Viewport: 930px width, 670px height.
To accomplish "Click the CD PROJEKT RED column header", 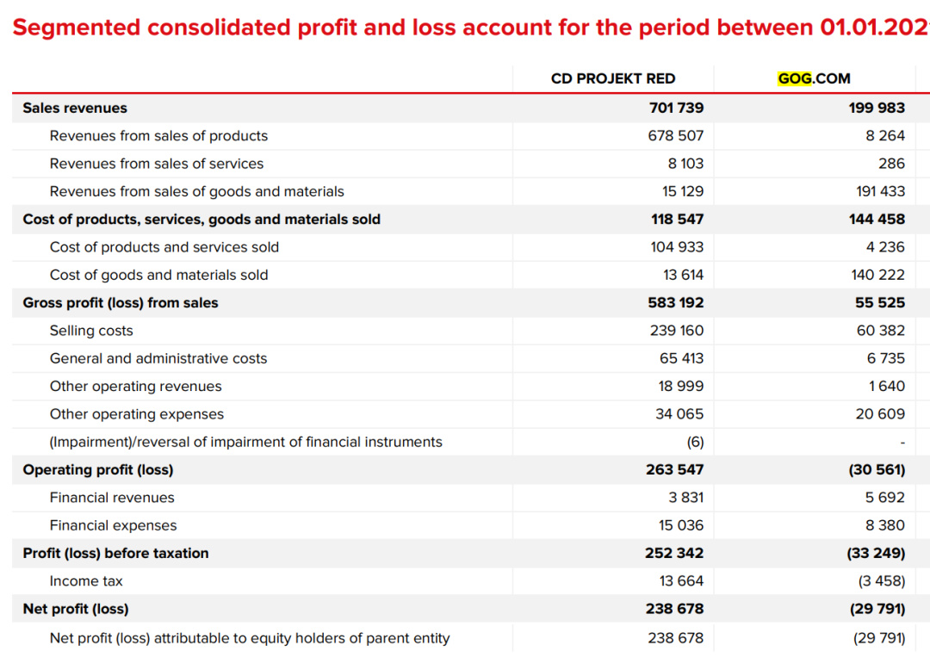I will [612, 78].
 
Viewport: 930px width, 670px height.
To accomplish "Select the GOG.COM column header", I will [814, 78].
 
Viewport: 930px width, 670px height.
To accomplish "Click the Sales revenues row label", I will [75, 108].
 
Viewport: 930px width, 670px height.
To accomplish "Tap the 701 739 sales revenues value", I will [676, 108].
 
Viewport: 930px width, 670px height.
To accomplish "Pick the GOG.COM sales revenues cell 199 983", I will [877, 108].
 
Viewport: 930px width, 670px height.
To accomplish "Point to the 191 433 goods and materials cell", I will [880, 191].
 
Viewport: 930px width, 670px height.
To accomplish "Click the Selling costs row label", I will [91, 331].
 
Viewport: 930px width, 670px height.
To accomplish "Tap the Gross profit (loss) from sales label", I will [121, 302].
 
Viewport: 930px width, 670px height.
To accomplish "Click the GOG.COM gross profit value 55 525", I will [880, 302].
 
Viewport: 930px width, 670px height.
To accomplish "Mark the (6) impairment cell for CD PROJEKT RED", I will [695, 442].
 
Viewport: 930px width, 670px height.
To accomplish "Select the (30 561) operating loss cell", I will [877, 469].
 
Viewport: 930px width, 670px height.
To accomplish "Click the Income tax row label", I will [86, 580].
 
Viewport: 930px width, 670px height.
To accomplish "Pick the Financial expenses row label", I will [113, 525].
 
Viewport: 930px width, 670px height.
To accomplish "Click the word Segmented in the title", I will [77, 28].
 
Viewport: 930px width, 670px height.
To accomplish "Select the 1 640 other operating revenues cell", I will [886, 386].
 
